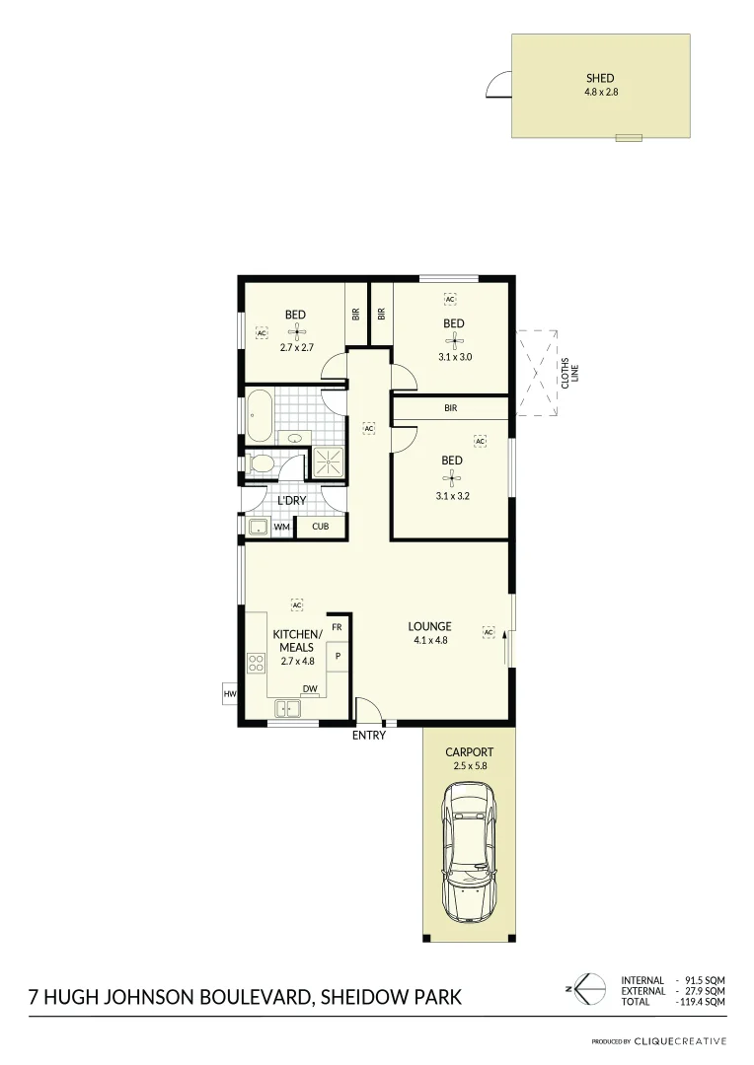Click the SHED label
coord(599,78)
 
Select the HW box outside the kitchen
coord(230,695)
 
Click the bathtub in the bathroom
coord(259,415)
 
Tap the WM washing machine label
coord(281,528)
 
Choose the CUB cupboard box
coord(320,527)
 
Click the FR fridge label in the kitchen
coord(337,627)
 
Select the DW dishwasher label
coord(309,689)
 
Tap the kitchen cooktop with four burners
coord(256,663)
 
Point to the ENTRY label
coord(369,736)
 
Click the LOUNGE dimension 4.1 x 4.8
coord(430,640)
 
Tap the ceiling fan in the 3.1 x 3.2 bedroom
coord(452,477)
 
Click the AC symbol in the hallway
coord(368,429)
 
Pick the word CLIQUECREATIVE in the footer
coord(680,1041)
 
